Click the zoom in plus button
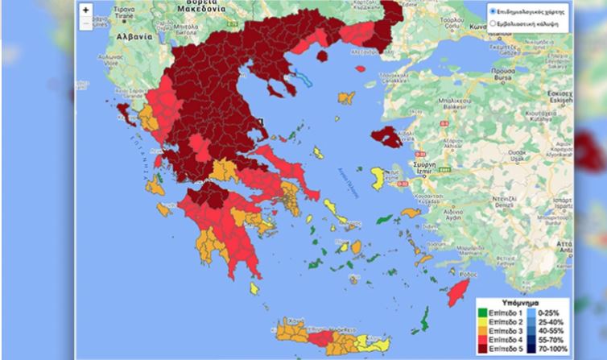tap(86, 10)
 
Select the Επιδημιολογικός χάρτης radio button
tap(493, 12)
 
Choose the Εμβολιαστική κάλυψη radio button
tap(493, 25)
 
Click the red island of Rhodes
tap(460, 289)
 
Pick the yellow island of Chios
tap(377, 178)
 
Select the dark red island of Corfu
tap(124, 110)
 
